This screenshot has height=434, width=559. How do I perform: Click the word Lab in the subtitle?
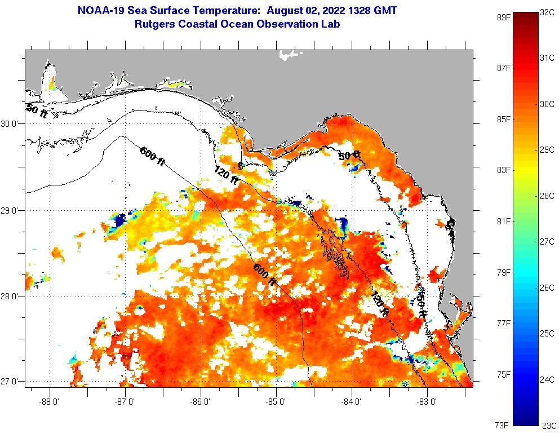(330, 24)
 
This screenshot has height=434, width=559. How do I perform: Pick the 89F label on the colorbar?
(503, 17)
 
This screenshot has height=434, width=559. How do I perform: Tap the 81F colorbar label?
(503, 221)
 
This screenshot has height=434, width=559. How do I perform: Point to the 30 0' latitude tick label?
(11, 124)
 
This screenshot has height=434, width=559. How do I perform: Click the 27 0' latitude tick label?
(11, 382)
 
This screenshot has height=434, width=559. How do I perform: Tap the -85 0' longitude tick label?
(276, 402)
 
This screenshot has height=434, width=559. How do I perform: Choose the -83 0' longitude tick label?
(427, 402)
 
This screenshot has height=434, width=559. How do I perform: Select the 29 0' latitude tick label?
(11, 211)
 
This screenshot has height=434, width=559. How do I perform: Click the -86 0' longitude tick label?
(201, 402)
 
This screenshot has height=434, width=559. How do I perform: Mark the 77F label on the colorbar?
(503, 323)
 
